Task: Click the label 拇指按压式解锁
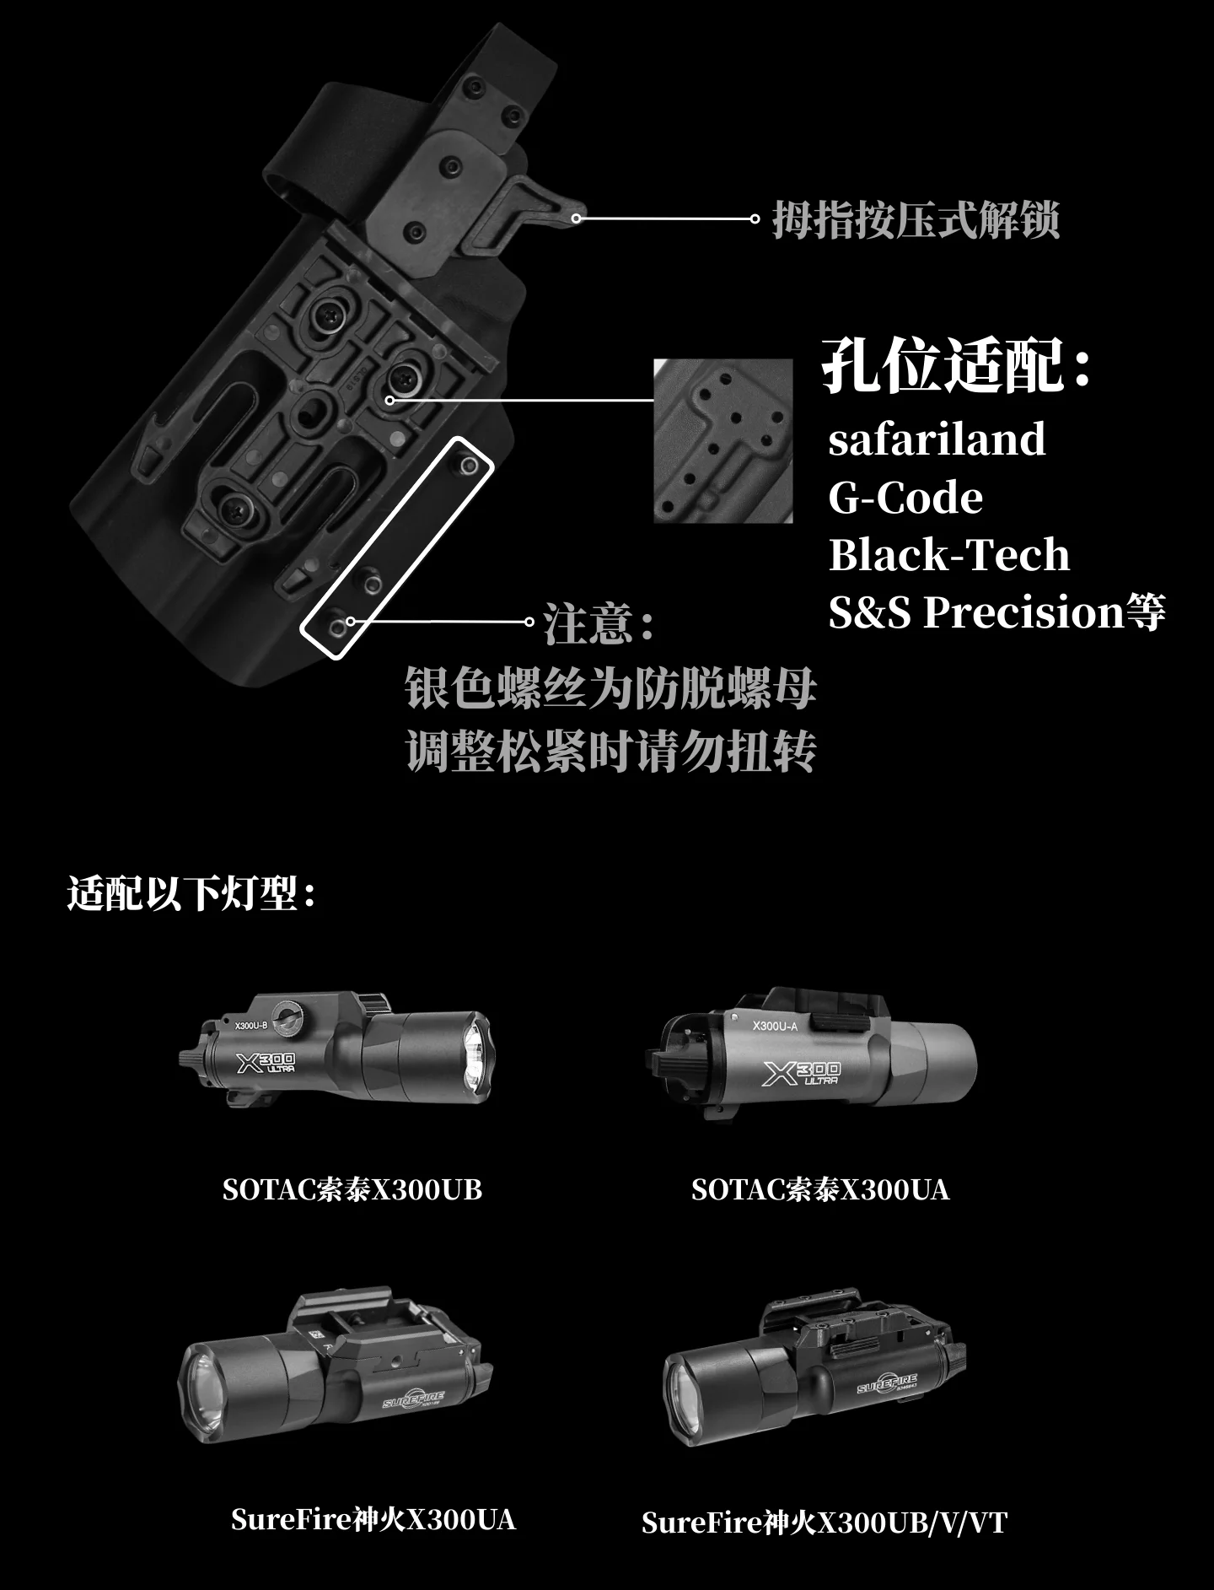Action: (x=916, y=220)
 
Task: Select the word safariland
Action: (x=937, y=439)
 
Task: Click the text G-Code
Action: (x=905, y=498)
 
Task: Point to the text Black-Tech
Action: (x=949, y=555)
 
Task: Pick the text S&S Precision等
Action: (x=997, y=612)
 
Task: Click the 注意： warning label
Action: (x=599, y=624)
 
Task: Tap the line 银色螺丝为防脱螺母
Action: (x=611, y=688)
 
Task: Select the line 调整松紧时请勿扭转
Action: (x=611, y=751)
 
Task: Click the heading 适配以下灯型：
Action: (x=192, y=893)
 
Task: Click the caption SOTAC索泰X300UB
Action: (x=352, y=1190)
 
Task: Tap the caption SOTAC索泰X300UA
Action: (x=820, y=1190)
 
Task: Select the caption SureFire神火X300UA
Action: (x=373, y=1520)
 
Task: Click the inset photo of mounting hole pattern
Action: (x=723, y=441)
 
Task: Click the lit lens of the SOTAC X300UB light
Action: (x=475, y=1058)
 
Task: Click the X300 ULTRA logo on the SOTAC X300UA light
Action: (x=801, y=1073)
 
